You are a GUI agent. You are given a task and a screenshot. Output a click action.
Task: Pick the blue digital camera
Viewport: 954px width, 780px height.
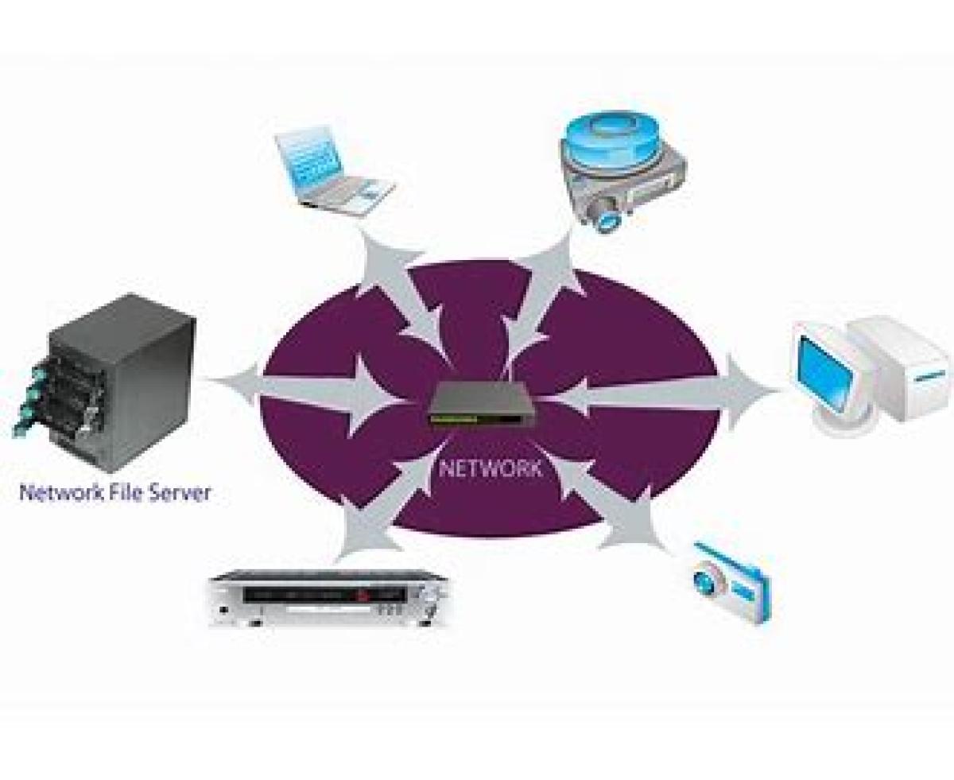point(730,580)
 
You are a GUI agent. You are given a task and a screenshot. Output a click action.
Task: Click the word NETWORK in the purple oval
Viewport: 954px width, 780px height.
point(490,468)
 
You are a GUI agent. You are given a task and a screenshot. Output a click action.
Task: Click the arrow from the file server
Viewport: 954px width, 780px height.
point(310,394)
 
